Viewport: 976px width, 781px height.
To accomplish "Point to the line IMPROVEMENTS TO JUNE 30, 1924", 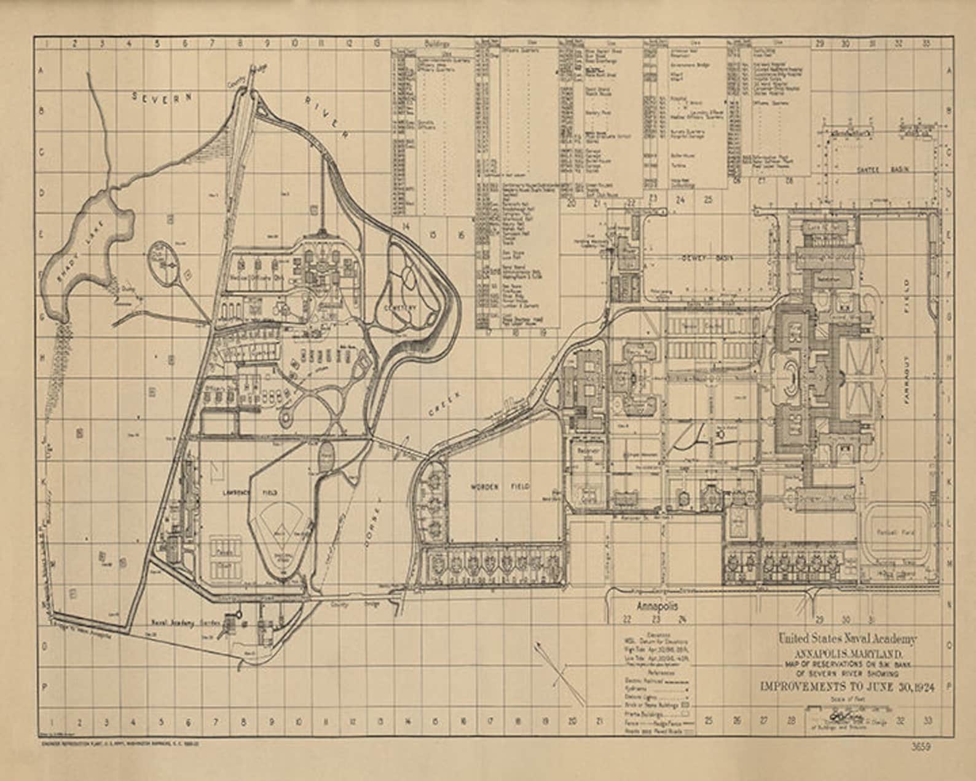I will point(848,687).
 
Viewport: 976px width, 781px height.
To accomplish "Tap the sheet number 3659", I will point(921,747).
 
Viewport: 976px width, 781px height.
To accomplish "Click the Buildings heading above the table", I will point(437,44).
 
